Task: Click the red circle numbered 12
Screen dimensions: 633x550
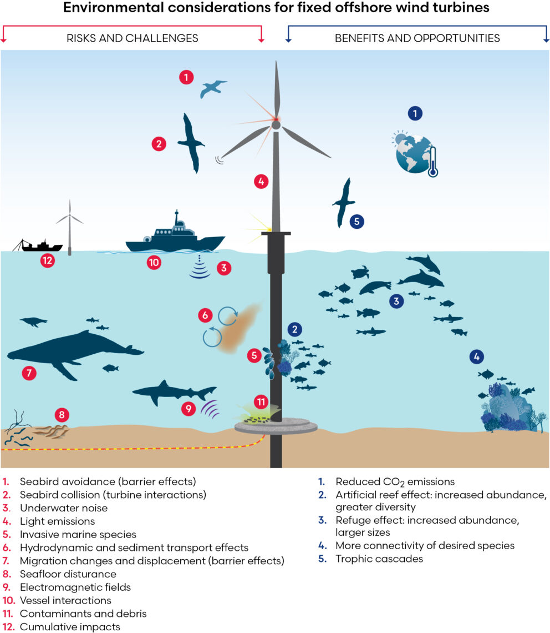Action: point(48,260)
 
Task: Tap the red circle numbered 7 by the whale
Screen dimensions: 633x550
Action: point(29,373)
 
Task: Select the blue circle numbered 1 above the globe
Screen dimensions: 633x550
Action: point(415,114)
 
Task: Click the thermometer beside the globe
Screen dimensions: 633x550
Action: point(433,162)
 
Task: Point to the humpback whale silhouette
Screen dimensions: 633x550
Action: point(72,353)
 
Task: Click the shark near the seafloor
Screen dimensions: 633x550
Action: point(173,392)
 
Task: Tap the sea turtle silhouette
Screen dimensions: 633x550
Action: point(360,273)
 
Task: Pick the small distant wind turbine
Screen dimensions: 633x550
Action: point(70,228)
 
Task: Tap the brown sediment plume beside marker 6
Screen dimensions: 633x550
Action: point(238,330)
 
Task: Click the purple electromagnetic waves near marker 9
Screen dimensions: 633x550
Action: point(210,410)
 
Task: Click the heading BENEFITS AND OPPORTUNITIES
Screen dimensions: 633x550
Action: point(417,38)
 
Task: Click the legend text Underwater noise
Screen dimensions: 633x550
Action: point(64,508)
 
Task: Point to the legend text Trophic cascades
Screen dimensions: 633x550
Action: point(379,559)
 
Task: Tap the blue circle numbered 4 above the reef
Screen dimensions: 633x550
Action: point(477,356)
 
